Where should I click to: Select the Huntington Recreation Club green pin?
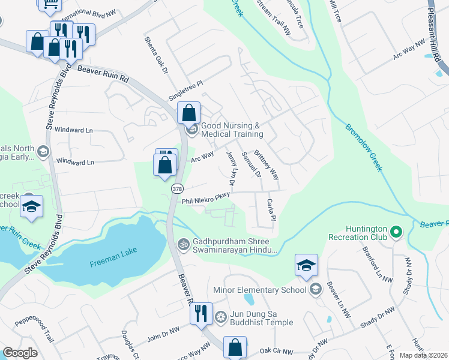396,231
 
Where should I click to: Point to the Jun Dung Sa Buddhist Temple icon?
221,316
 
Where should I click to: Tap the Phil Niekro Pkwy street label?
206,198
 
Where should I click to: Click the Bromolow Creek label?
363,147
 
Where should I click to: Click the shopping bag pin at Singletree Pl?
188,112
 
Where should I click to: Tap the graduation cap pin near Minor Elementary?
306,265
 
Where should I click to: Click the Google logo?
20,353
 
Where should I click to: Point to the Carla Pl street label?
271,209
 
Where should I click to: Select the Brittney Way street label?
267,165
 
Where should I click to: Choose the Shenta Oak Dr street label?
155,55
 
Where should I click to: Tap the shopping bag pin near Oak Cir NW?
235,347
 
